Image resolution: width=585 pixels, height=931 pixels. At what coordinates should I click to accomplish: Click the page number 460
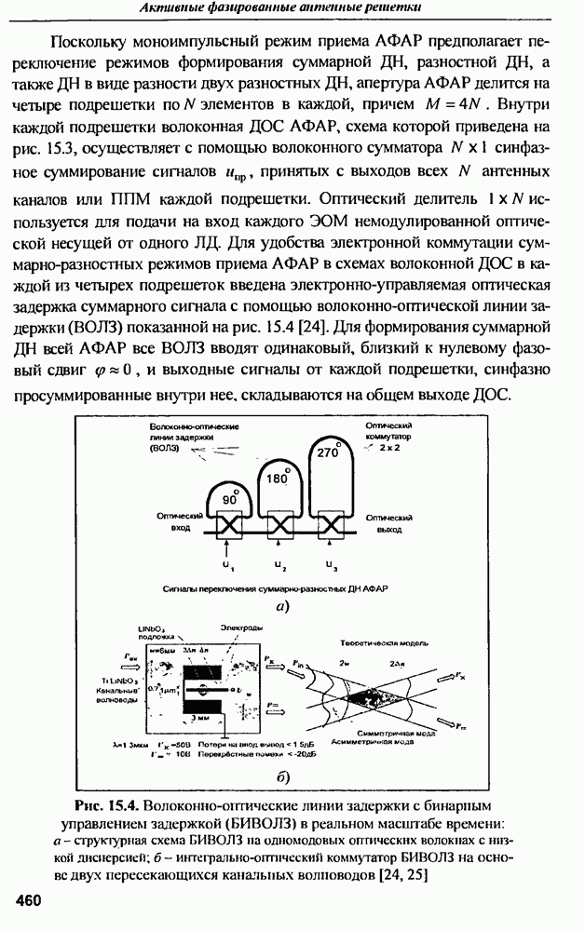click(x=29, y=900)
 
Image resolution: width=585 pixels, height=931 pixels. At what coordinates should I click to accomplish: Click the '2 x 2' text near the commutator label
click(x=388, y=448)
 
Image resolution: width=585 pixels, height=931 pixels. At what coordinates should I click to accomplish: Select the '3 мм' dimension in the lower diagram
click(x=207, y=719)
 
